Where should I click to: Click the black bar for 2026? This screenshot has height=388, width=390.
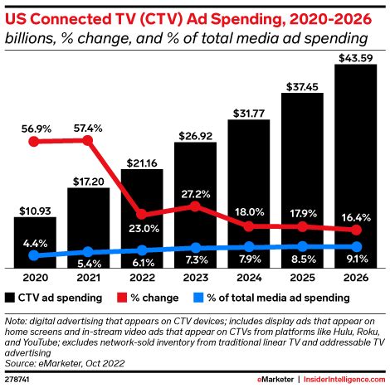click(357, 166)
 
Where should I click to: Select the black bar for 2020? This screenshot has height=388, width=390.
click(34, 241)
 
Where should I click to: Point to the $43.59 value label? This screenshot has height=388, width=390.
click(357, 57)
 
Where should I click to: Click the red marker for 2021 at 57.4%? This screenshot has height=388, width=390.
click(88, 140)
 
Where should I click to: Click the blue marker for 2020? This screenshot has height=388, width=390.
click(34, 257)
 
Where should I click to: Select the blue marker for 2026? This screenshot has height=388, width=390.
click(357, 246)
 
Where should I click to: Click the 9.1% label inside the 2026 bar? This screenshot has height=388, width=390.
click(357, 262)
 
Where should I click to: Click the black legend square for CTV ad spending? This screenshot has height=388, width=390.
click(9, 297)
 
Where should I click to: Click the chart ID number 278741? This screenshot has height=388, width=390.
click(18, 379)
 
